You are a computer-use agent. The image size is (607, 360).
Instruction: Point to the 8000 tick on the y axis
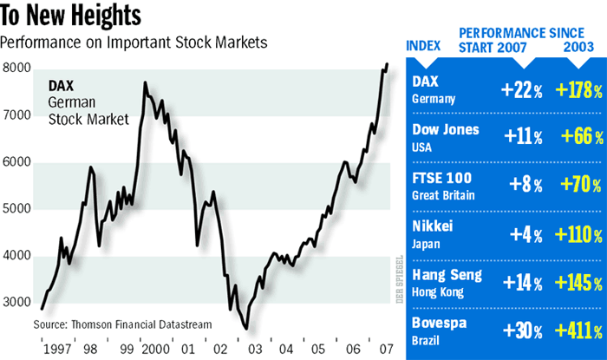17,69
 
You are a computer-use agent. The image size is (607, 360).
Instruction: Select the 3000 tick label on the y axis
17,303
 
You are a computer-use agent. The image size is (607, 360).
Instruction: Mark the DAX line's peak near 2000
144,83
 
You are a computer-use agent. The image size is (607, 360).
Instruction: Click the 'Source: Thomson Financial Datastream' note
122,324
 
